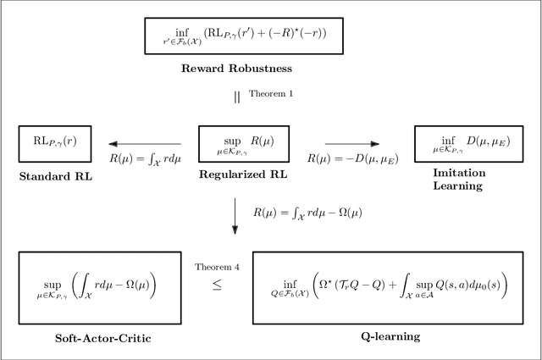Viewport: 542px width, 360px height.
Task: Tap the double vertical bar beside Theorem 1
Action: pyautogui.click(x=237, y=96)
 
